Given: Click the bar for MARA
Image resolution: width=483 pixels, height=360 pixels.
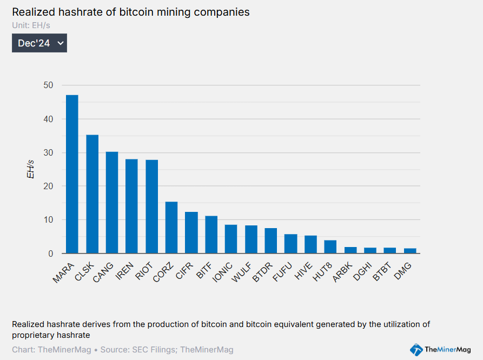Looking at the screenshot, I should click(x=72, y=174).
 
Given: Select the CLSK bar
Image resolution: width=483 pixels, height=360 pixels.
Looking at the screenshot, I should click(x=92, y=194).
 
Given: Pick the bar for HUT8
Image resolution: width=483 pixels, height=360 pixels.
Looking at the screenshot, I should click(x=330, y=247).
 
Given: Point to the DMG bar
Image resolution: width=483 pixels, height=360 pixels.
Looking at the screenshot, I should click(x=410, y=251).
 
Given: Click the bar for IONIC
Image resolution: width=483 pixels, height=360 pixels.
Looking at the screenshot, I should click(x=231, y=239).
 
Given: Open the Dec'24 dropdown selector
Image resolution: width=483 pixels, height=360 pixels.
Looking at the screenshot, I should click(x=39, y=43).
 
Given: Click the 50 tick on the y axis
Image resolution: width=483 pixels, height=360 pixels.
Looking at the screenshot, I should click(x=49, y=85).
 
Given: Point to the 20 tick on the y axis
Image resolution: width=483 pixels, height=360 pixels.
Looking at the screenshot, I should click(x=49, y=186).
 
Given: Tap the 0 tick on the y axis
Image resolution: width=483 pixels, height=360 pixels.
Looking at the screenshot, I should click(x=51, y=254).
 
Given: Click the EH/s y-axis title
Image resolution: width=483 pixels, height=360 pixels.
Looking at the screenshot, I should click(x=31, y=169).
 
